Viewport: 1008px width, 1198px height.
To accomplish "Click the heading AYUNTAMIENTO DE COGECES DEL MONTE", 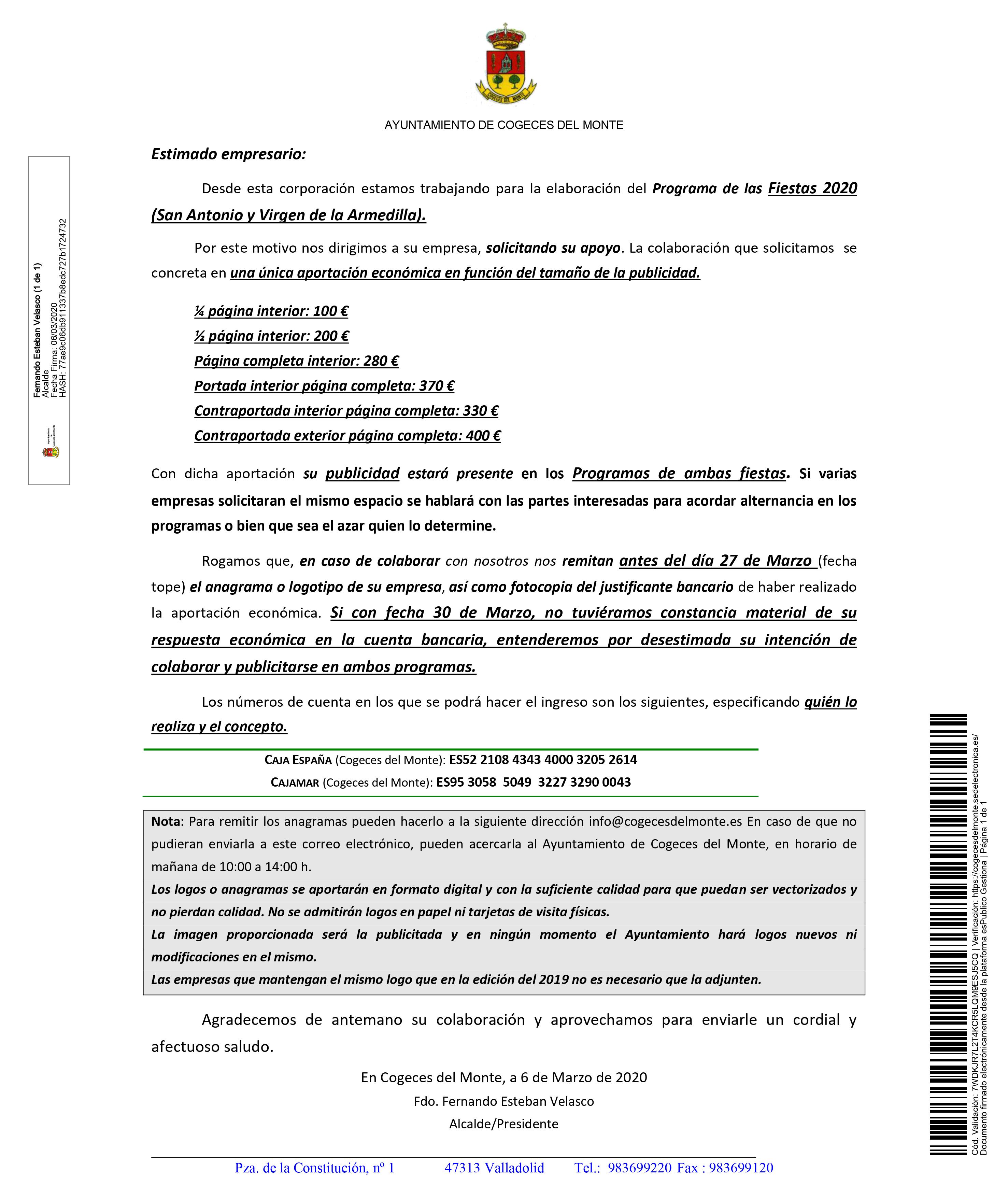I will click(x=503, y=125).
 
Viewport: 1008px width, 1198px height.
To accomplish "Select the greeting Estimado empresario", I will click(x=229, y=154).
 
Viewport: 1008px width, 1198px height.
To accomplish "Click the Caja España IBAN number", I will click(x=543, y=760).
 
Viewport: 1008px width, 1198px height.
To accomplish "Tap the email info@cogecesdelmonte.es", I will click(x=665, y=821).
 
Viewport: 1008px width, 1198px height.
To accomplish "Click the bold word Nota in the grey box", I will click(x=166, y=821).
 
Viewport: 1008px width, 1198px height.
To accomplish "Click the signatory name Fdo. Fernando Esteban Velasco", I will click(x=503, y=1101).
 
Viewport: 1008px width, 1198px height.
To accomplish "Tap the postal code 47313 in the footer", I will click(x=462, y=1168).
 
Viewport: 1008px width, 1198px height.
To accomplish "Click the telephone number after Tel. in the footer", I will click(x=639, y=1168).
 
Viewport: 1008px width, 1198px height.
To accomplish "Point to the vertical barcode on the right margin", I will click(x=949, y=934).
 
